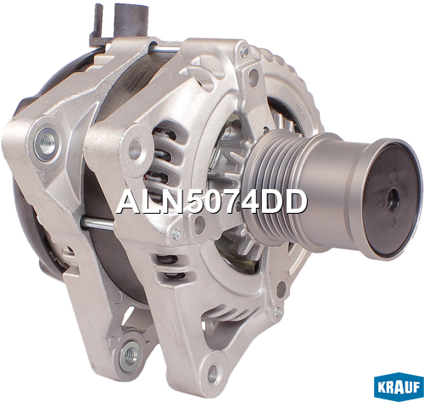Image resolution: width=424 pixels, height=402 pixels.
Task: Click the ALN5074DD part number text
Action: click(x=211, y=202)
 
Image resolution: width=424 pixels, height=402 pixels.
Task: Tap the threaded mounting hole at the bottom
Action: click(x=131, y=354)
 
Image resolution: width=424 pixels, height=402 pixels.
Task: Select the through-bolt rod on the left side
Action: click(x=97, y=223)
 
